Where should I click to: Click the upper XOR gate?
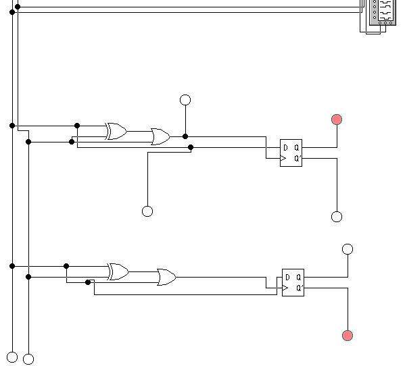point(116,131)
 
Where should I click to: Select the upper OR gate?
point(160,136)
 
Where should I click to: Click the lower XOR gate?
point(118,271)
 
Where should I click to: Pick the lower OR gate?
point(166,278)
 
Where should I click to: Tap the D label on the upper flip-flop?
point(285,147)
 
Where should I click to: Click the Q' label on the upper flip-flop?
point(297,158)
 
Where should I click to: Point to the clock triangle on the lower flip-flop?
point(285,288)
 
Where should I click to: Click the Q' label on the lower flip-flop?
point(300,288)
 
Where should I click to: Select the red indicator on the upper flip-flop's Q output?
point(337,120)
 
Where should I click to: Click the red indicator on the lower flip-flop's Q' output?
point(348,336)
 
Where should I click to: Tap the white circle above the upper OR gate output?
point(185,100)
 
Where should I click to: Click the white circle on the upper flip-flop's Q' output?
point(337,217)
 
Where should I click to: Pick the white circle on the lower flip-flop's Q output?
point(348,249)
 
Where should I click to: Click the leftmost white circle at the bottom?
point(12,357)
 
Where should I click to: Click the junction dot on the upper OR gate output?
point(185,136)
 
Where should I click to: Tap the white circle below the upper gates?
point(147,211)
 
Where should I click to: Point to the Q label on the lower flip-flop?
point(299,278)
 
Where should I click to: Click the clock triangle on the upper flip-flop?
point(283,158)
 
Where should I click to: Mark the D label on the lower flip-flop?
point(287,278)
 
